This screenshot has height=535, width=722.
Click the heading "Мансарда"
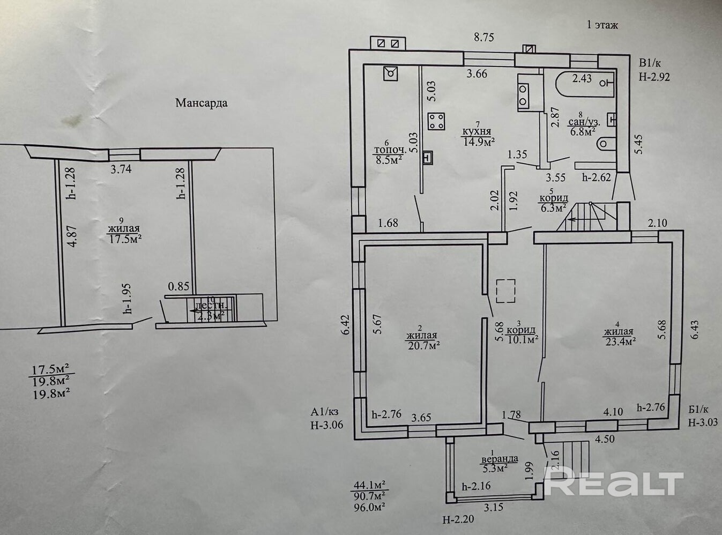pyautogui.click(x=201, y=103)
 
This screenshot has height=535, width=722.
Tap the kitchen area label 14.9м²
pyautogui.click(x=478, y=142)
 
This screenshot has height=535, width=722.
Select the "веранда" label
pyautogui.click(x=499, y=459)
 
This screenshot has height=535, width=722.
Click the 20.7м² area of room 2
pyautogui.click(x=423, y=345)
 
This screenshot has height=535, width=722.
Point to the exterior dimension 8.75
pyautogui.click(x=483, y=37)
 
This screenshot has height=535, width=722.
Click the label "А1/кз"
pyautogui.click(x=325, y=412)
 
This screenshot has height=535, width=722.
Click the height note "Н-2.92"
pyautogui.click(x=654, y=77)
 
